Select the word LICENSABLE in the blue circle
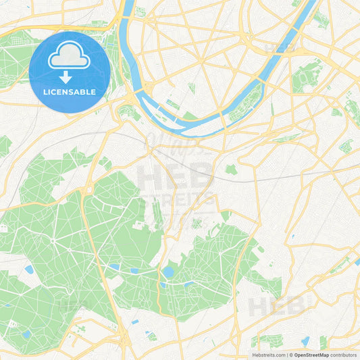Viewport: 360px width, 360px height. pos(69,91)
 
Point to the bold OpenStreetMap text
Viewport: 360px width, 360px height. pos(311,355)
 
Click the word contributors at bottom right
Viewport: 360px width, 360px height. pos(344,355)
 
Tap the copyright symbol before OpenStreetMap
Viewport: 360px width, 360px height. pos(291,355)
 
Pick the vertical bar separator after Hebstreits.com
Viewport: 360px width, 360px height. pos(286,355)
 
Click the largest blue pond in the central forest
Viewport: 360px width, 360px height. pos(168,272)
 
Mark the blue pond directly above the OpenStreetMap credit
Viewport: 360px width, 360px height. pos(305,341)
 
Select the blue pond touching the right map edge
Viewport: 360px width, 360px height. pos(356,257)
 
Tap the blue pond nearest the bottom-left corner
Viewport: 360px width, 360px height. pos(26,334)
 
